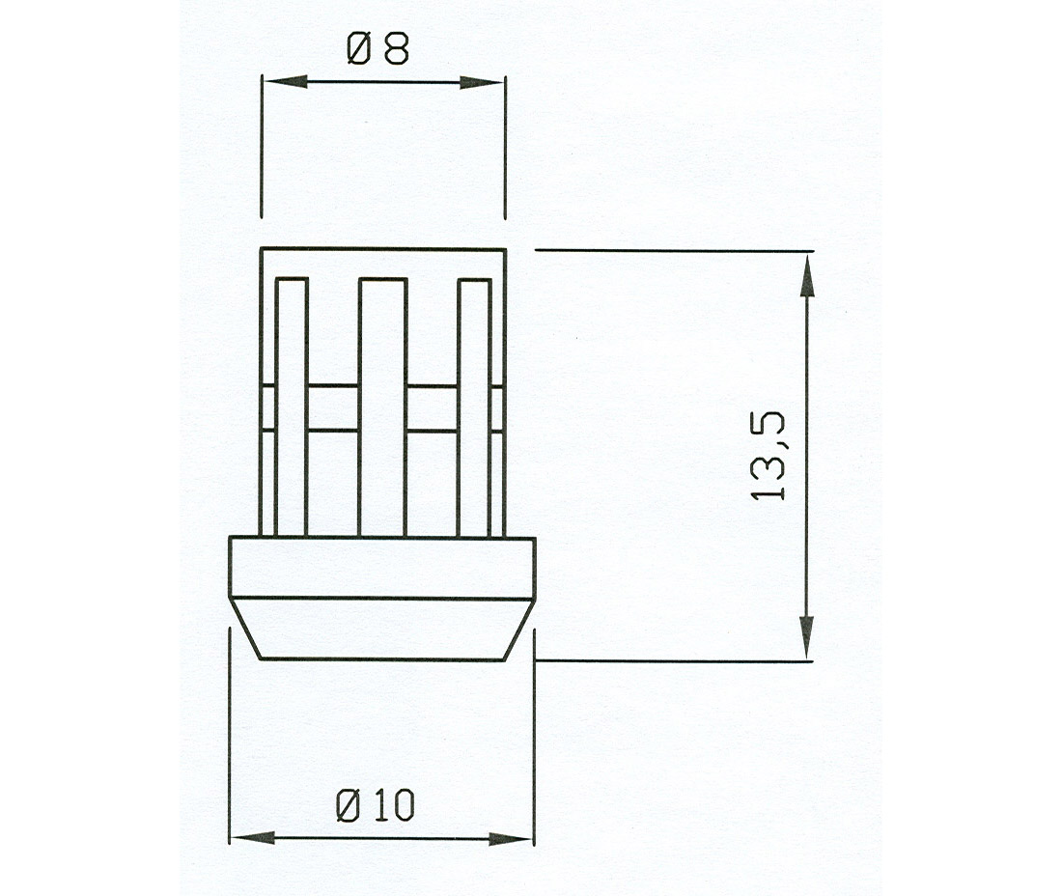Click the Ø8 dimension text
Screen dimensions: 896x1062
(377, 47)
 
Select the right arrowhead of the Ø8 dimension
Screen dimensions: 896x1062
(483, 82)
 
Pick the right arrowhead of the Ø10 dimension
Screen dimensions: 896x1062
(512, 837)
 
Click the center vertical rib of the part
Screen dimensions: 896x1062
(382, 406)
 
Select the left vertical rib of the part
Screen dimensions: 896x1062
(292, 406)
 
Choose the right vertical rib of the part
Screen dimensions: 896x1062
(474, 406)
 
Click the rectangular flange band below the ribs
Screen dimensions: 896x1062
(381, 567)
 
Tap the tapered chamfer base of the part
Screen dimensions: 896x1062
(381, 629)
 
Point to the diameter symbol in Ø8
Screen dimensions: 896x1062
(355, 47)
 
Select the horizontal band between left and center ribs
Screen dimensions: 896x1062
(333, 407)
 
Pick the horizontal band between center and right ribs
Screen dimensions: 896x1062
(432, 407)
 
